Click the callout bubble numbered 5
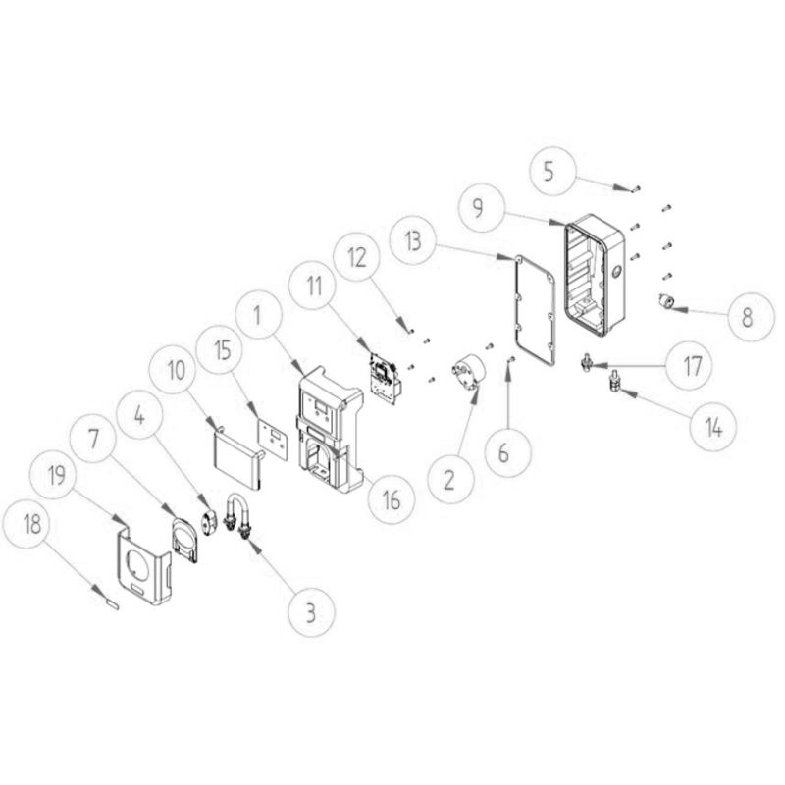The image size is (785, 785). tap(549, 171)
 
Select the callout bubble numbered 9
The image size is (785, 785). tap(478, 207)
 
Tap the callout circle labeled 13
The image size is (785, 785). tap(413, 241)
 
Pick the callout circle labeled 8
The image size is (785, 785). tap(747, 317)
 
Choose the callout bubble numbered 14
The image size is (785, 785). tap(713, 428)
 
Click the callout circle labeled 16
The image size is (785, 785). tap(392, 499)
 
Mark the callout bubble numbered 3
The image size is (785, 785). tap(311, 611)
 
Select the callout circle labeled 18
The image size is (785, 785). tap(32, 525)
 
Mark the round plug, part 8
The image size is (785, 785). tap(667, 301)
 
